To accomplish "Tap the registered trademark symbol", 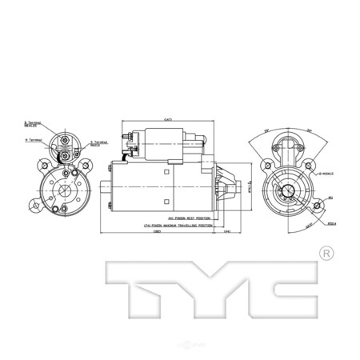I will pos(326,254).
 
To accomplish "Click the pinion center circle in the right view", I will pos(285,190).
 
